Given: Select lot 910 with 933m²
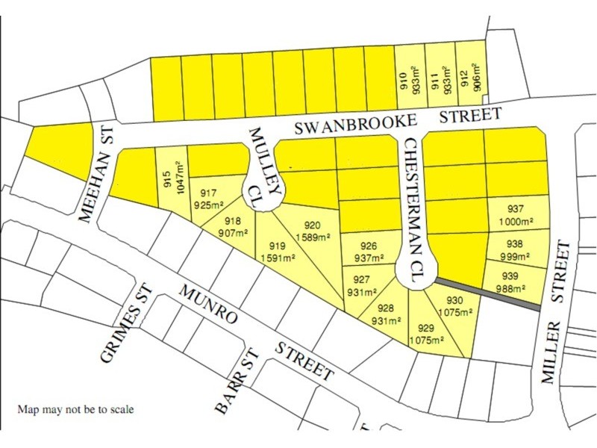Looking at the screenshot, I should click(x=410, y=82).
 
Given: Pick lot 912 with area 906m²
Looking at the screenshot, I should click(x=471, y=82).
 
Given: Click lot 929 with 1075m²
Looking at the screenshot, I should click(x=426, y=333).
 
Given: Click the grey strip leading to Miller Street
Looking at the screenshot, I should click(x=489, y=294).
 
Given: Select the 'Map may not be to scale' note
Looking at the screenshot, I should click(x=77, y=410).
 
